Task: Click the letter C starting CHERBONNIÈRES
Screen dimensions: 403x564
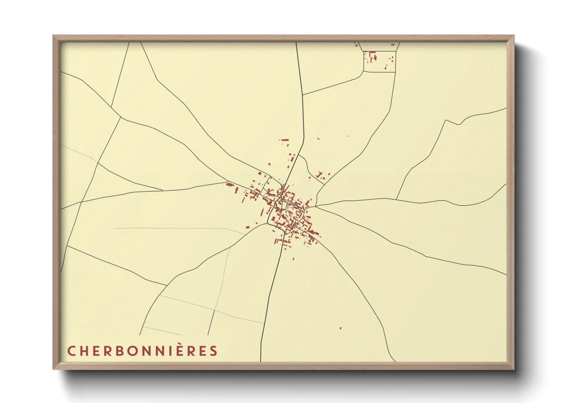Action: [71, 351]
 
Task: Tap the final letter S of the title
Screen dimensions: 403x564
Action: [213, 351]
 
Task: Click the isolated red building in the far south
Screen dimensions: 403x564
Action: [340, 328]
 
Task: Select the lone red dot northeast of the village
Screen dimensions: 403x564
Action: [348, 136]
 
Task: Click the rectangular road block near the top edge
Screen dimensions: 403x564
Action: [379, 61]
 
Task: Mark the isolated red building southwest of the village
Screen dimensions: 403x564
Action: [247, 227]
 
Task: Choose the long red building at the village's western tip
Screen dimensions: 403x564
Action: [229, 184]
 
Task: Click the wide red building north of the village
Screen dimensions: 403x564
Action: [285, 140]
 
